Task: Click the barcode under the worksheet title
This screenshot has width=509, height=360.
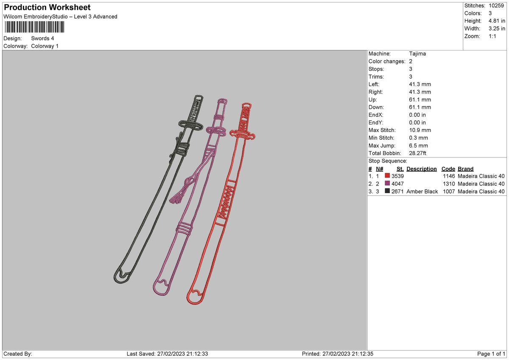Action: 34,27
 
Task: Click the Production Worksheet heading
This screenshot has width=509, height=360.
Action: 47,7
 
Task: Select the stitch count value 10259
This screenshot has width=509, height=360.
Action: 496,6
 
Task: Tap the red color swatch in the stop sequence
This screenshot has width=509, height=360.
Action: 387,176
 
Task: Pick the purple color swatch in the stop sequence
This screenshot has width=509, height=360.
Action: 387,183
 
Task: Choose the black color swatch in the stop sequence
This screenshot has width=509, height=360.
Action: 387,191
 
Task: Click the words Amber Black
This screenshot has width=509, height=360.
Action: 422,191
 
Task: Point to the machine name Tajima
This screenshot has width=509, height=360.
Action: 417,53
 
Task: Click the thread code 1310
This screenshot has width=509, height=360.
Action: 449,184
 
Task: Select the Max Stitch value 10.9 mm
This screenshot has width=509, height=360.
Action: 420,130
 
